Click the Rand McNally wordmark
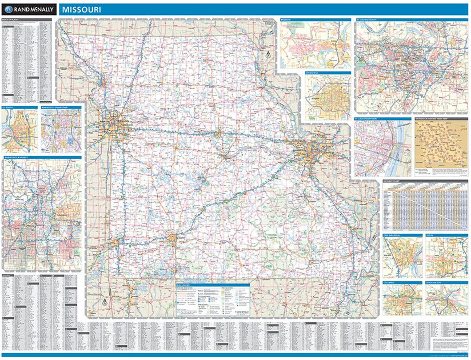32,9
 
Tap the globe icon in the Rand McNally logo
9,9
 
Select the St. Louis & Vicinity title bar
369,20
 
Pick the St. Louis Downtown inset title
365,119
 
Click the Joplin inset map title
429,234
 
